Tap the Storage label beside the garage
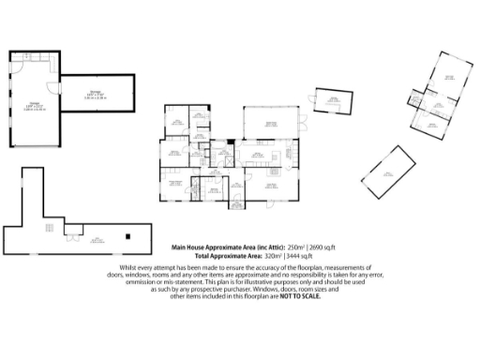tap(96, 93)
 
